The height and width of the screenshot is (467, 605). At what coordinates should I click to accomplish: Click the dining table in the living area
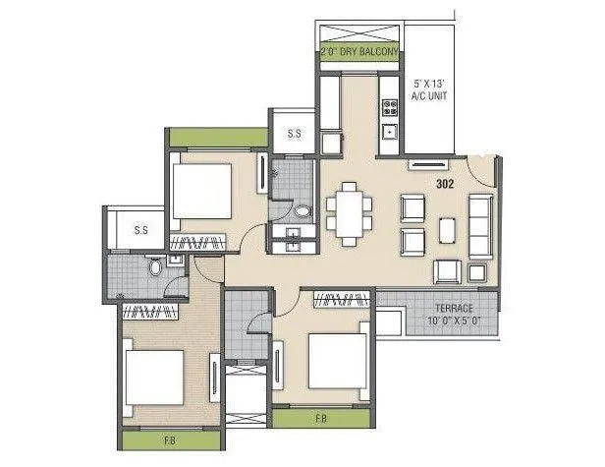350,210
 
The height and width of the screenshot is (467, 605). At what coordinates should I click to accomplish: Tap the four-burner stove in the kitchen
389,103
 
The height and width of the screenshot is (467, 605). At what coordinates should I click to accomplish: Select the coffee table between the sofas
447,228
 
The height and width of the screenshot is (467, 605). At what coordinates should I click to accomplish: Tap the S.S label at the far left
140,229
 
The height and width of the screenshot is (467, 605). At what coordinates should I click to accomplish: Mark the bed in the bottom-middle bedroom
339,360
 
